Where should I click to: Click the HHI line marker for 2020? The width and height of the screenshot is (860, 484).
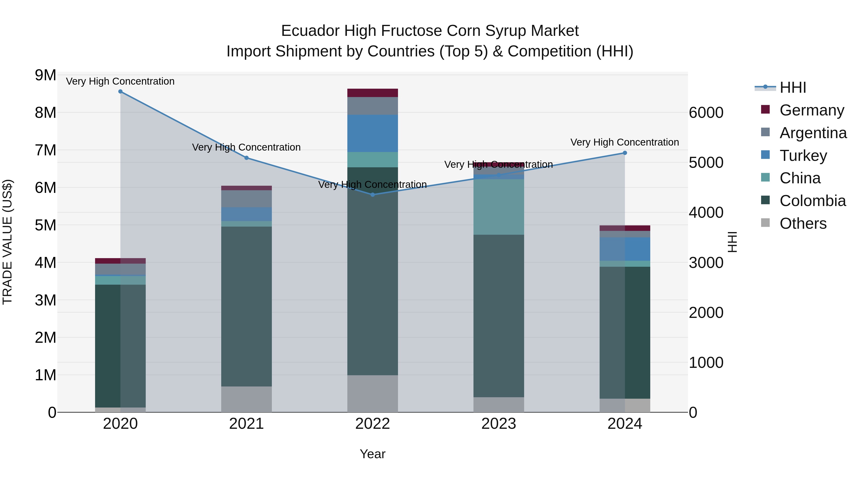point(121,92)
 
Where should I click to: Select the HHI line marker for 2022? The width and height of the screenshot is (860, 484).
point(373,195)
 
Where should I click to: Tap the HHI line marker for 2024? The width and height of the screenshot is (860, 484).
point(625,153)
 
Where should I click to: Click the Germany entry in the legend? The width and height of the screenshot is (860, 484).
point(812,110)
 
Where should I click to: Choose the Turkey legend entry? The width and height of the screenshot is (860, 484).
point(803,156)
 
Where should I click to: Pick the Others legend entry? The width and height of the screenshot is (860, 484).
point(803,223)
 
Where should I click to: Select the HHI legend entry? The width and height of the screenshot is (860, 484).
point(793,87)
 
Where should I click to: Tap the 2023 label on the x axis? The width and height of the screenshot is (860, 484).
point(499,424)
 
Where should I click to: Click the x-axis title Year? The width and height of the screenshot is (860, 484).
point(373,454)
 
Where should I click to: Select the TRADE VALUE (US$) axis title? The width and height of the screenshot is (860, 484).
point(7,242)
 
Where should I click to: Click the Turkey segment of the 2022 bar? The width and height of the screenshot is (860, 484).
point(373,134)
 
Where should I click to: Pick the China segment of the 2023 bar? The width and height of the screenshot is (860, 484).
point(499,207)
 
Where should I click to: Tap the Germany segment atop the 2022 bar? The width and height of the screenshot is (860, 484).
point(373,93)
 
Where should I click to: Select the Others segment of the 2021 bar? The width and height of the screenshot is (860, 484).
point(246,399)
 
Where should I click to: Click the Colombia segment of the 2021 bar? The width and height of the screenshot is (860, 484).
point(246,307)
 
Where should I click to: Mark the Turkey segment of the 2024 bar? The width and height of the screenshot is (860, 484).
point(625,249)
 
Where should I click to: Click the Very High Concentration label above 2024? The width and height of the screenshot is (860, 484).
point(625,142)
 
